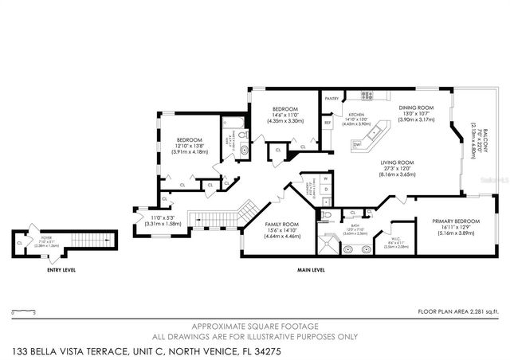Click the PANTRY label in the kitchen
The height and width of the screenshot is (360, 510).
coord(332,99)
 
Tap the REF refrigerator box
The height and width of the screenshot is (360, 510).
coord(328,123)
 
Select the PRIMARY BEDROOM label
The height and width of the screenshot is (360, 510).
coord(456,221)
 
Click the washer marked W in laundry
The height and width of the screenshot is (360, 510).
coord(326,179)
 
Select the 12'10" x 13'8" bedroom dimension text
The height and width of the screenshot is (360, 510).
coord(190,146)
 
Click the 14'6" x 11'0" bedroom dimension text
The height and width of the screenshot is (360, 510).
coord(285,115)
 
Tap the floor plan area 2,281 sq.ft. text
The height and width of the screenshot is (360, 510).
coord(457,311)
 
